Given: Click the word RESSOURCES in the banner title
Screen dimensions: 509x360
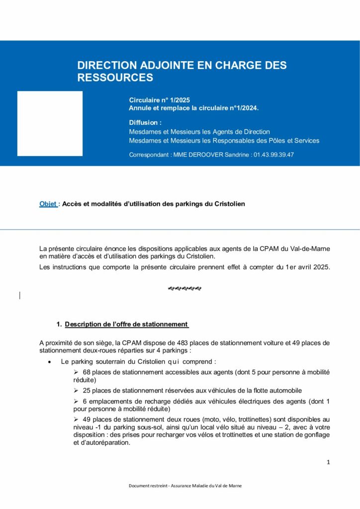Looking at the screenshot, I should click(x=115, y=78).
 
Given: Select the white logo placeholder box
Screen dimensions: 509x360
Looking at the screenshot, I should click(x=50, y=123).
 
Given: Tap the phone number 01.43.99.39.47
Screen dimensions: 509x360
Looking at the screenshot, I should click(x=273, y=155).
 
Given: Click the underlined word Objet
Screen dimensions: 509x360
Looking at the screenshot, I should click(x=48, y=204).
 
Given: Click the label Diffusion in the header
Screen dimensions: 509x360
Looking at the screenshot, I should click(x=145, y=122).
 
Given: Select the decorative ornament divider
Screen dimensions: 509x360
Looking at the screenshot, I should click(x=184, y=288).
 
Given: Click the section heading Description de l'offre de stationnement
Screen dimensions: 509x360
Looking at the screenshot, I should click(x=126, y=325).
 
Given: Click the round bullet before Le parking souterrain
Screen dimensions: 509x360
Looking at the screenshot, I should click(x=49, y=362).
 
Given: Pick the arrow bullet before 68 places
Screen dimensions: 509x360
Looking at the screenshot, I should click(x=76, y=372).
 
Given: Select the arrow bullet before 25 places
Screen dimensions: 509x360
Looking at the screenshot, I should click(x=76, y=391).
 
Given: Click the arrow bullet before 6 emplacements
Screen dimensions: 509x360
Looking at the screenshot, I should click(x=76, y=401).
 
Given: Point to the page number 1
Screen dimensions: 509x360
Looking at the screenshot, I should click(x=328, y=462).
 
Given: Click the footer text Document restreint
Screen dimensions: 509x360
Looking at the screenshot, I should click(x=147, y=486).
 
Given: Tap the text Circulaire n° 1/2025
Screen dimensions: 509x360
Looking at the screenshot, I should click(x=160, y=100).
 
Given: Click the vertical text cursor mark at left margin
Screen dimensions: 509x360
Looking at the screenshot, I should click(x=19, y=295).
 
